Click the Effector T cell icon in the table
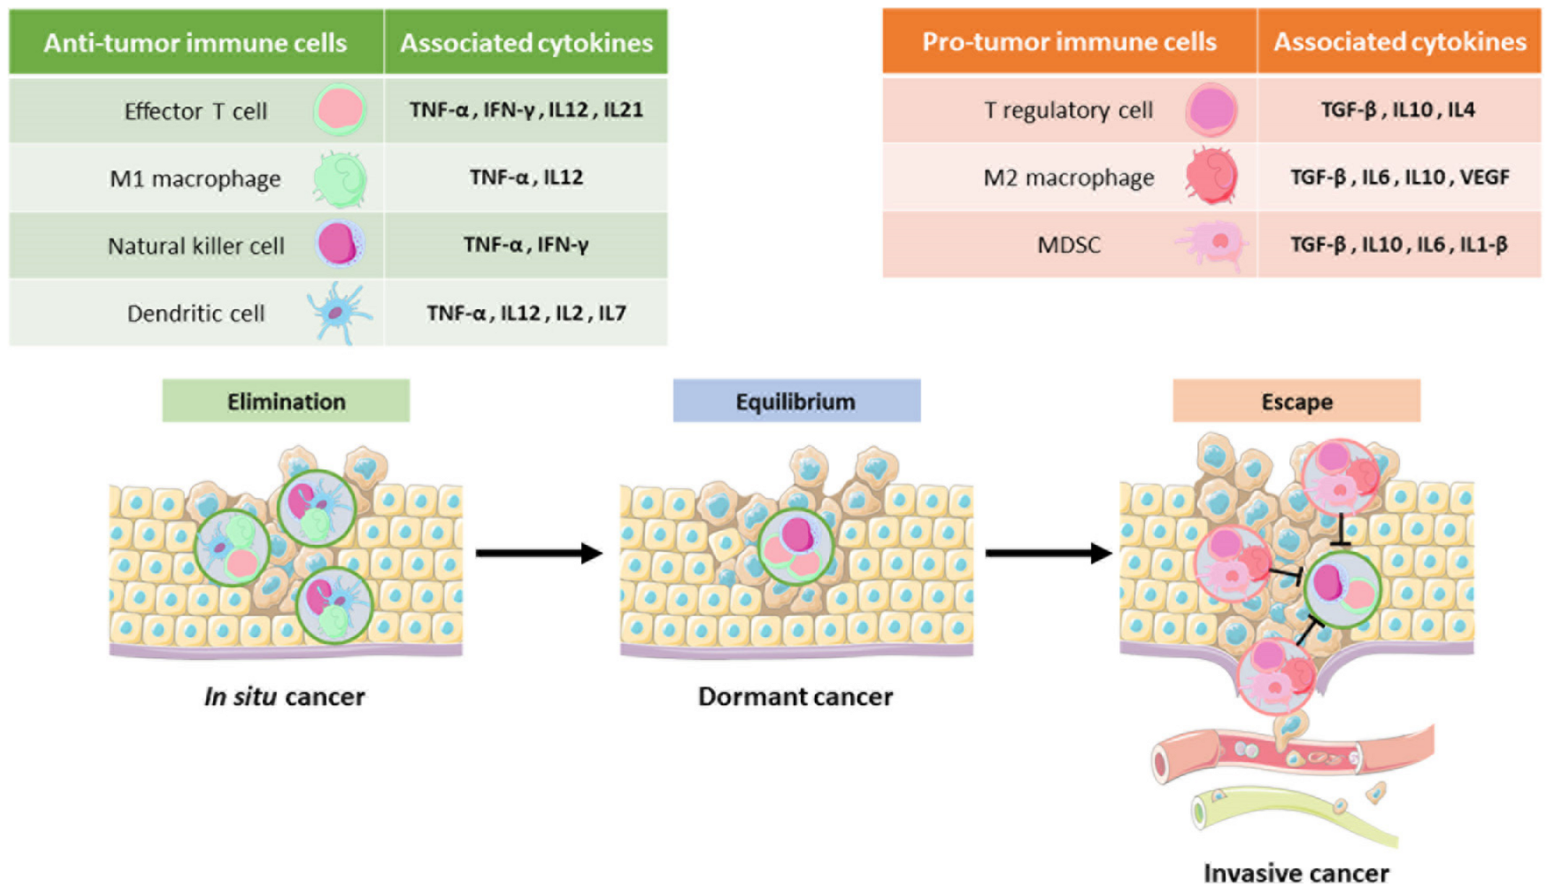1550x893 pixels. [340, 110]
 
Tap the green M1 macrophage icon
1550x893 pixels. [340, 179]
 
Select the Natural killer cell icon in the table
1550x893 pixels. [340, 245]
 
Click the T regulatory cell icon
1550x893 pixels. [1211, 110]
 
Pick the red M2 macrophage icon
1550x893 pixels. [1211, 177]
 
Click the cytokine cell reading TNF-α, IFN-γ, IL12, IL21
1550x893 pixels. [526, 110]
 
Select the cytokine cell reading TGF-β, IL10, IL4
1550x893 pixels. [1398, 110]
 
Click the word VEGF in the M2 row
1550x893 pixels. [1484, 178]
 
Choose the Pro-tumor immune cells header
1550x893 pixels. [1069, 41]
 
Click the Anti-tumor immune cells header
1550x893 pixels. [195, 43]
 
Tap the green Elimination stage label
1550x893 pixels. [286, 401]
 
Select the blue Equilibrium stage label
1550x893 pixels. [796, 401]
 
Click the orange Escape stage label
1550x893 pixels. [1296, 401]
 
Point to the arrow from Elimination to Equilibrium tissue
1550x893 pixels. [538, 553]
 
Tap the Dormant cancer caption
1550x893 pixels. [795, 697]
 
